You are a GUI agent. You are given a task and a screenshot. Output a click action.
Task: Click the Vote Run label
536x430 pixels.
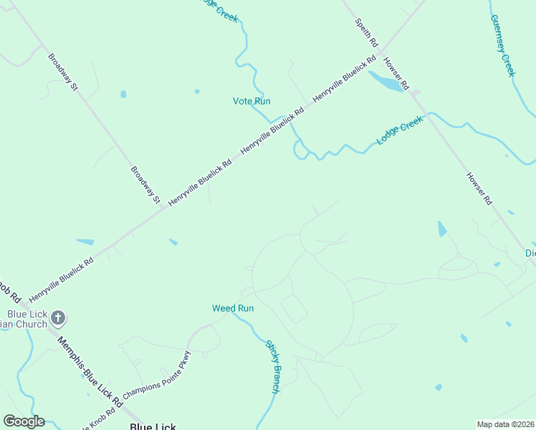252,101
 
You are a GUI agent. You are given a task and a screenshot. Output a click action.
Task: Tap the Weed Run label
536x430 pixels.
233,308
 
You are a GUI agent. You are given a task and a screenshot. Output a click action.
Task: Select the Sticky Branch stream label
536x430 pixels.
272,366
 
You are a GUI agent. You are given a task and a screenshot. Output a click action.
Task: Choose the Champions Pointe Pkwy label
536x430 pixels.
157,374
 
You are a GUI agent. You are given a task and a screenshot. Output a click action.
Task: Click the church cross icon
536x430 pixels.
59,317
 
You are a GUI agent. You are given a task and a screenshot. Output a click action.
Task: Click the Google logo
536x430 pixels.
24,421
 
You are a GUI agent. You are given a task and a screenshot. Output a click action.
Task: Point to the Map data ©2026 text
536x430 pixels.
505,424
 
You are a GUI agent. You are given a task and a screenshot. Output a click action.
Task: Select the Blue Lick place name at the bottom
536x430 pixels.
153,426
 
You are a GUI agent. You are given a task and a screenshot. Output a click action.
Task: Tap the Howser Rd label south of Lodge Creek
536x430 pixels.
479,188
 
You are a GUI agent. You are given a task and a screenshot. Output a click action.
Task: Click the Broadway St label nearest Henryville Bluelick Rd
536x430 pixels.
145,186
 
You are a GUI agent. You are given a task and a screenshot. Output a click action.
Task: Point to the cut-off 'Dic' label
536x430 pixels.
530,253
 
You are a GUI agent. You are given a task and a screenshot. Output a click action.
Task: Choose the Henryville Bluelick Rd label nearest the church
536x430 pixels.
60,280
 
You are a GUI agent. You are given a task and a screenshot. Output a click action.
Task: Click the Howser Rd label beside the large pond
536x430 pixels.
396,74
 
